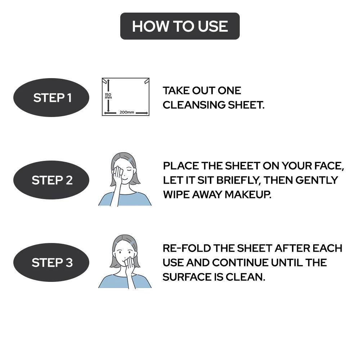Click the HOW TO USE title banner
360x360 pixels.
tap(180, 26)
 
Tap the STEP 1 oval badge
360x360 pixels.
tap(51, 98)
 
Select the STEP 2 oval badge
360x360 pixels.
tap(51, 180)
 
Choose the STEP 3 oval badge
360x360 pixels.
tap(51, 262)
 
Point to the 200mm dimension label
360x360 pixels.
tap(127, 112)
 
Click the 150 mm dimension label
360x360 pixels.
tap(108, 96)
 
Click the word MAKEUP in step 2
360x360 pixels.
tap(248, 194)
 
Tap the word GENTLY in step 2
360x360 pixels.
tap(317, 180)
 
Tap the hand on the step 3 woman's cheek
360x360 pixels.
tap(130, 264)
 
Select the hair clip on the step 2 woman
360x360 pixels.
tap(130, 159)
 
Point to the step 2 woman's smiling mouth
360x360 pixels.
tap(124, 178)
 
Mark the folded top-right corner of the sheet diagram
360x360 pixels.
tap(147, 81)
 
